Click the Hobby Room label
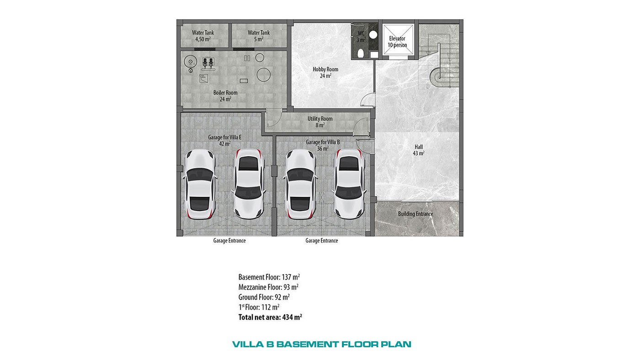click(325, 73)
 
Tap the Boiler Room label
click(225, 96)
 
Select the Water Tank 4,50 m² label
click(203, 36)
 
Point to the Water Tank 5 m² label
click(259, 36)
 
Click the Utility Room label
click(320, 122)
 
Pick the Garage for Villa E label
click(225, 140)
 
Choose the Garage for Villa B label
click(323, 145)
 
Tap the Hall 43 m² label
click(419, 150)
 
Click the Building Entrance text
click(416, 214)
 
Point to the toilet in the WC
click(361, 53)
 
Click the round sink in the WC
click(373, 35)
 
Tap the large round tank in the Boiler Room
click(263, 75)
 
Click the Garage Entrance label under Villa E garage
click(229, 241)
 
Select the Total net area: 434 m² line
click(270, 317)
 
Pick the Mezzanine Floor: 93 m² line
click(269, 287)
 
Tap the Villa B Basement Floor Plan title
click(322, 344)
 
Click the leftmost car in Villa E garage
click(199, 184)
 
